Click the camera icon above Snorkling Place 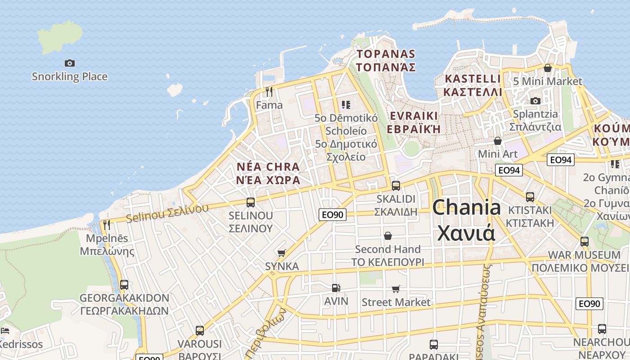pos(69,63)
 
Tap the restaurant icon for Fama pos(269,92)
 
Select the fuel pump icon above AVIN pos(336,288)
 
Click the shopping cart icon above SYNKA pos(282,253)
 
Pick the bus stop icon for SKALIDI pos(396,185)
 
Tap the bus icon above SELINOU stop pos(251,202)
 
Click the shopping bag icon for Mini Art pos(498,141)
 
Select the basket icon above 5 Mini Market pos(548,68)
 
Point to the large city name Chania pos(467,207)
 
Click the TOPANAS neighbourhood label pos(386,54)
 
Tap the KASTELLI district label pos(472,79)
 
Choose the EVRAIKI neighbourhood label pos(414,116)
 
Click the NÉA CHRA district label pos(268,167)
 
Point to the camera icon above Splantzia pos(535,101)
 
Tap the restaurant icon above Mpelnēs pos(107,225)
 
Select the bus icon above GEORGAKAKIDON pos(124,284)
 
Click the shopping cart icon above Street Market pos(396,289)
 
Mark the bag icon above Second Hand pos(387,236)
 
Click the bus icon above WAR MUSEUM pos(585,242)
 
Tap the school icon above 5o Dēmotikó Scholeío pos(346,105)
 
